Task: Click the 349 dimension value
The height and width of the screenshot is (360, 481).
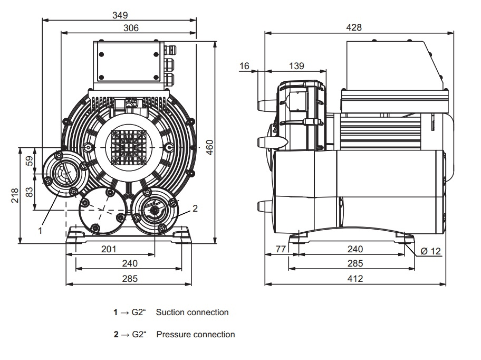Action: point(120,15)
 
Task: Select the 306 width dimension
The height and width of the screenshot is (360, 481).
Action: point(128,28)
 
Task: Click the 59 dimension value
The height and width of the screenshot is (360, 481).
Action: point(30,160)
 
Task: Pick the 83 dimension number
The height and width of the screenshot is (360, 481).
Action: point(30,193)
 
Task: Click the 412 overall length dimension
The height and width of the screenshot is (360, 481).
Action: point(355,278)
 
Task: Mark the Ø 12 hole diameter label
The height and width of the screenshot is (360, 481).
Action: point(431,251)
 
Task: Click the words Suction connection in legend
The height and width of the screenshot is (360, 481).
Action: point(196,312)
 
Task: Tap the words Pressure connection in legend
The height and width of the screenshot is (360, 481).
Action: point(196,335)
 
